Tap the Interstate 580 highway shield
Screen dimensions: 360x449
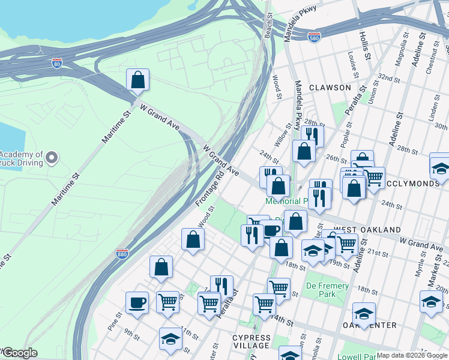tap(313, 36)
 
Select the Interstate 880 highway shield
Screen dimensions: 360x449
tap(122, 254)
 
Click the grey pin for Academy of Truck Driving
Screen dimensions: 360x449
tap(52, 158)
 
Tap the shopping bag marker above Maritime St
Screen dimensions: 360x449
tap(137, 80)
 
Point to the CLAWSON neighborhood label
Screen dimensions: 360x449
tap(330, 88)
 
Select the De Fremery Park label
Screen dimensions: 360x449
tap(327, 290)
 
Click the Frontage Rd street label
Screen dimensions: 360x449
tap(209, 189)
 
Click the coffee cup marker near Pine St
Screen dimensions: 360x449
tap(137, 303)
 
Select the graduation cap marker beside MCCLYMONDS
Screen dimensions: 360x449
tap(440, 167)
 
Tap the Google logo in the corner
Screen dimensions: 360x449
tap(19, 353)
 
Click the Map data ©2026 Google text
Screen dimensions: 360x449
tap(411, 355)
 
